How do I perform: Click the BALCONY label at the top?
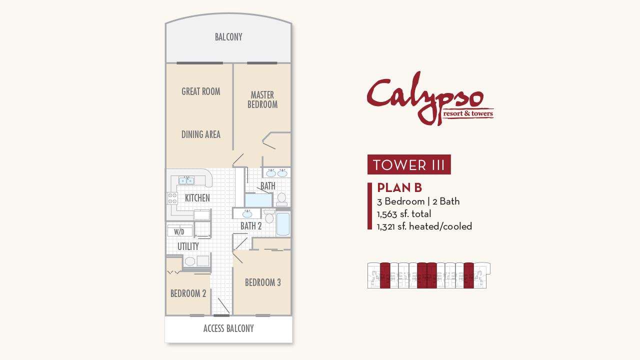click(x=228, y=37)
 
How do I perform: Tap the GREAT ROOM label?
click(x=200, y=91)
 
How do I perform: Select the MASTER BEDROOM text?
click(x=262, y=99)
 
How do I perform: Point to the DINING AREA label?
click(x=200, y=134)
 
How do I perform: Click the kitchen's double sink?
click(x=186, y=180)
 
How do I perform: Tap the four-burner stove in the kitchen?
click(x=172, y=198)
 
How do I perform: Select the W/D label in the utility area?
click(x=179, y=232)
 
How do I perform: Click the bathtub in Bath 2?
click(x=283, y=224)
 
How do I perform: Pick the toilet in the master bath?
click(x=281, y=199)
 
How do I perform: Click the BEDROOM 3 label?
click(x=262, y=282)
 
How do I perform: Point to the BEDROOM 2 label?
click(x=188, y=293)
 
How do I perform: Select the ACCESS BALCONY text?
click(x=228, y=328)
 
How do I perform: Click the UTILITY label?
click(x=188, y=246)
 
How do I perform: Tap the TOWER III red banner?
click(x=409, y=165)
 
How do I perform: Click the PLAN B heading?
click(x=399, y=187)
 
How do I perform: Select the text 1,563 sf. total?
click(x=404, y=214)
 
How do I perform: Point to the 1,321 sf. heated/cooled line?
click(x=424, y=226)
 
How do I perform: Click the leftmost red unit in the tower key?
click(x=385, y=275)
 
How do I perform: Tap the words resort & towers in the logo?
click(x=468, y=113)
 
